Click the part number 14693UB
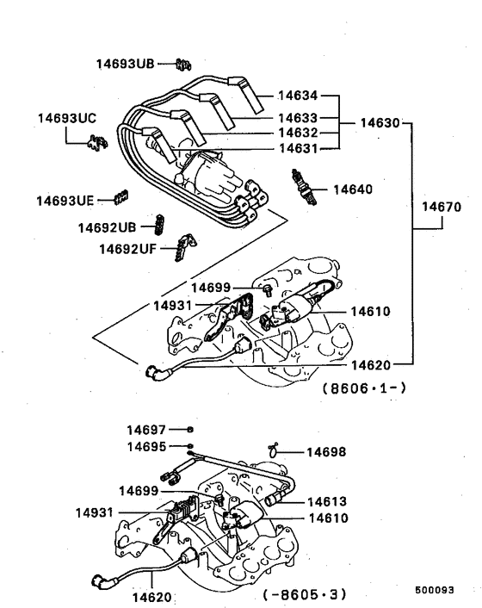pos(126,64)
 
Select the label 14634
pos(298,96)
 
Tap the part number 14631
pos(298,148)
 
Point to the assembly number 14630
pos(379,123)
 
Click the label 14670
pos(442,208)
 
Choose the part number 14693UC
pos(67,117)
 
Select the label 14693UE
pos(65,200)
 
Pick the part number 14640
pos(353,189)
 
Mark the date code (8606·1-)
pos(364,388)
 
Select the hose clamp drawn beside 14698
pos(275,449)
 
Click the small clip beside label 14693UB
pos(182,63)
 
